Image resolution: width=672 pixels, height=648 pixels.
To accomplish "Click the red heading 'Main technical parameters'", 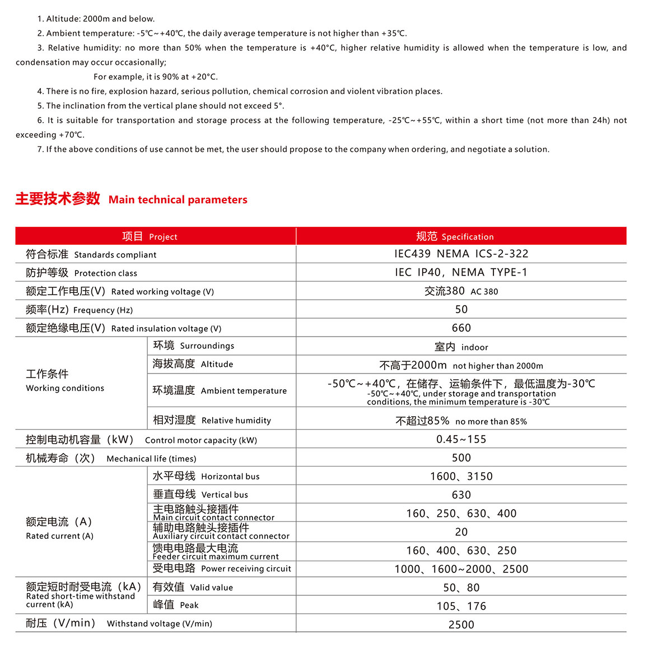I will click(x=178, y=200).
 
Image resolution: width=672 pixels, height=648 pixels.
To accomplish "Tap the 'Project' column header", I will click(x=150, y=236).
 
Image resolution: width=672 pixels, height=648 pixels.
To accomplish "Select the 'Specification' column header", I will click(x=455, y=236).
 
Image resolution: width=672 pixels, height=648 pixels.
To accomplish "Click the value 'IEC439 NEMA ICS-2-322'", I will click(x=461, y=254).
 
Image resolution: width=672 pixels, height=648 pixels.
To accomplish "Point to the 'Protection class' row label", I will click(x=82, y=273).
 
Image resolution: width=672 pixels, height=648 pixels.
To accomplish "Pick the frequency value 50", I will click(x=461, y=310).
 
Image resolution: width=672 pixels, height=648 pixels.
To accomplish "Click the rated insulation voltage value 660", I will click(x=461, y=328).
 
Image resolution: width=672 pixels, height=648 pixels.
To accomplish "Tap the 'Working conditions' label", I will click(x=65, y=381).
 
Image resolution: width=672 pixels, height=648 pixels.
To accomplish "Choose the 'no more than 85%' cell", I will click(x=461, y=421).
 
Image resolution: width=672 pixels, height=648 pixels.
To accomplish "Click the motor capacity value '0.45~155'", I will click(x=461, y=440).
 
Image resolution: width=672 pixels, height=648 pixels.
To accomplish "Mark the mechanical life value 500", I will click(x=461, y=458).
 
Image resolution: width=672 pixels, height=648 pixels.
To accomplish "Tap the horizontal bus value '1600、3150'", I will click(x=461, y=477).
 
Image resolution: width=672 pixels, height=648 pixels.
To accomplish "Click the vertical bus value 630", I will click(x=461, y=495).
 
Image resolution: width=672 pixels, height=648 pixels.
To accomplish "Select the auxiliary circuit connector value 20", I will click(x=461, y=532).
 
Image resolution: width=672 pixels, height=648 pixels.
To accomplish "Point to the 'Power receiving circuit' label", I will click(x=222, y=568).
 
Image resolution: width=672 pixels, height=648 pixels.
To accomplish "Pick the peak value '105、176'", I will click(x=461, y=607).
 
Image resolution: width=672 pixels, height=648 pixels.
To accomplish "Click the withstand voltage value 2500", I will click(x=461, y=625).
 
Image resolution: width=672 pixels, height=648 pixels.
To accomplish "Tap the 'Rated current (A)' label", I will click(x=59, y=528).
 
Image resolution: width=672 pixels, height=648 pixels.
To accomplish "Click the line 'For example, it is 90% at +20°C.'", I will click(x=156, y=77).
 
